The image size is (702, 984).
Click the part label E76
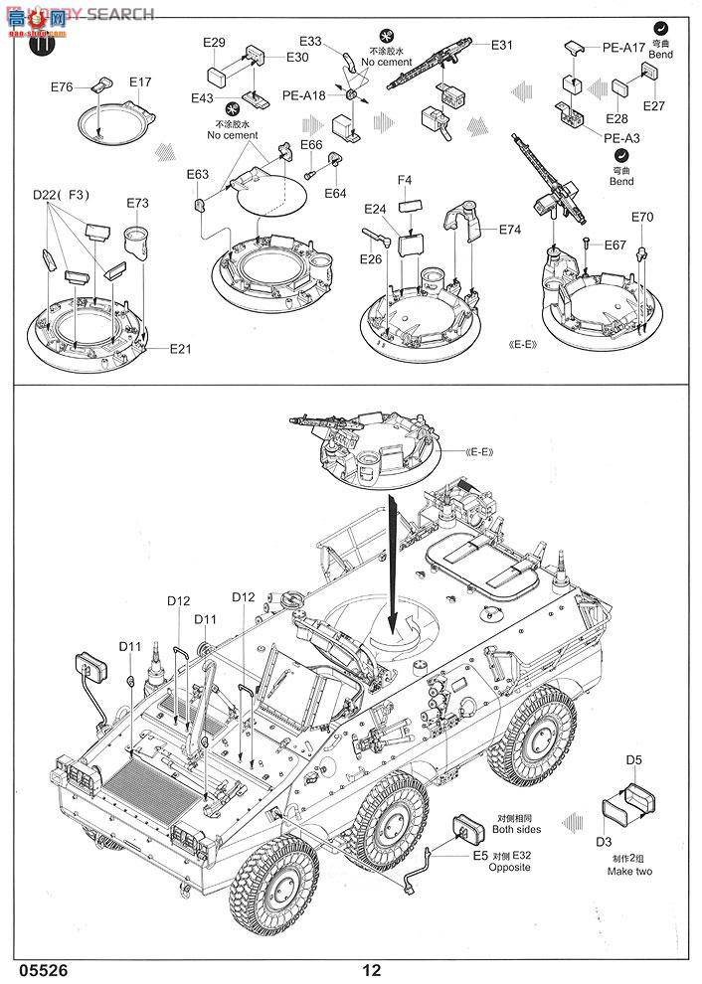tap(62, 86)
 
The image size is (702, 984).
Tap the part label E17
tap(140, 82)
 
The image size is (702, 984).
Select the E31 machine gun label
tap(501, 45)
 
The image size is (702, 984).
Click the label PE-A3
tap(621, 138)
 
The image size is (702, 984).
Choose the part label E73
tap(137, 203)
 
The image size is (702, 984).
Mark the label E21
tap(180, 348)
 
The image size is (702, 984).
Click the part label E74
tap(509, 229)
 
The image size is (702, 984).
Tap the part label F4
tap(405, 180)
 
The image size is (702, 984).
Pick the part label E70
tap(642, 218)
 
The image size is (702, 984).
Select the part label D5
tap(634, 761)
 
